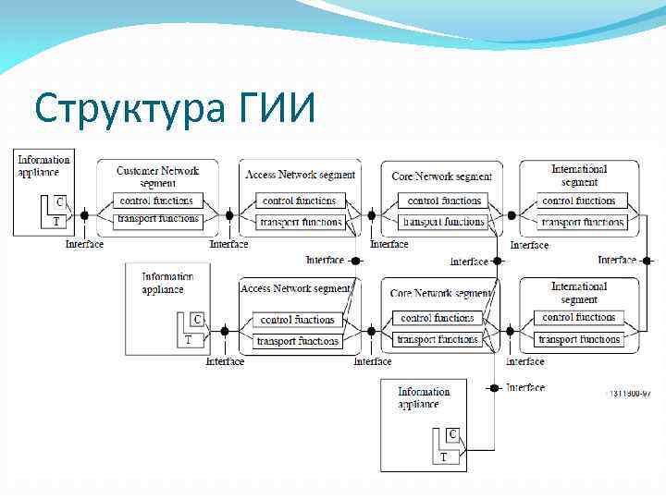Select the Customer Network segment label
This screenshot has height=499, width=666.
pyautogui.click(x=157, y=176)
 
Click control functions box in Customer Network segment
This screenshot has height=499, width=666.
pyautogui.click(x=157, y=201)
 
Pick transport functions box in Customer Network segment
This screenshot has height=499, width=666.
pyautogui.click(x=157, y=220)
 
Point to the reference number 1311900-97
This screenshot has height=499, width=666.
pyautogui.click(x=629, y=393)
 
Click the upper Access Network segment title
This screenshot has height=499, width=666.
pyautogui.click(x=300, y=175)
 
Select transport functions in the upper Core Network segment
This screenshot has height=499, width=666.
pyautogui.click(x=441, y=222)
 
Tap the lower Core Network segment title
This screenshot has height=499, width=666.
pyautogui.click(x=441, y=293)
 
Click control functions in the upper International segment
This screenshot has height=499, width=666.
pyautogui.click(x=579, y=201)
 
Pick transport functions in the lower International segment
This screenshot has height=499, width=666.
pyautogui.click(x=579, y=339)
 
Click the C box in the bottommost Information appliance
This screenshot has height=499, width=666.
pyautogui.click(x=453, y=434)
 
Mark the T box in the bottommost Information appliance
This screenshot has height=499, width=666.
pyautogui.click(x=443, y=456)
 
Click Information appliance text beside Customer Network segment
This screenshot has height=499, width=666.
pyautogui.click(x=43, y=165)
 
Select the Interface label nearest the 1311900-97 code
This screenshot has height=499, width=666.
pyautogui.click(x=526, y=387)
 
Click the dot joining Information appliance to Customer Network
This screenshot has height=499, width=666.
pyautogui.click(x=84, y=215)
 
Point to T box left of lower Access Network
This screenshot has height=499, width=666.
pyautogui.click(x=189, y=339)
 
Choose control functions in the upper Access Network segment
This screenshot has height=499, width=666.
pyautogui.click(x=300, y=201)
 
